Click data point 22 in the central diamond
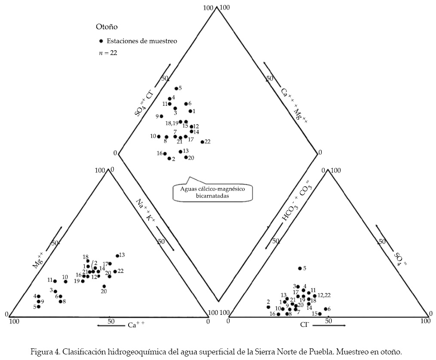point(202,142)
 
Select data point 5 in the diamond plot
point(176,89)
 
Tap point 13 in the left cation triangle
point(117,256)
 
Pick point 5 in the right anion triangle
point(300,268)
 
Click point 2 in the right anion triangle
point(268,307)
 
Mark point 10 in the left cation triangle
point(66,282)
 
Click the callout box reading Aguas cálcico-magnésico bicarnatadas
point(212,191)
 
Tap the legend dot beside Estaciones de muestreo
point(101,41)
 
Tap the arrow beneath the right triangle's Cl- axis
point(329,326)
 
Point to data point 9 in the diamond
point(161,116)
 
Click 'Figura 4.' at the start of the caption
point(45,351)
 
